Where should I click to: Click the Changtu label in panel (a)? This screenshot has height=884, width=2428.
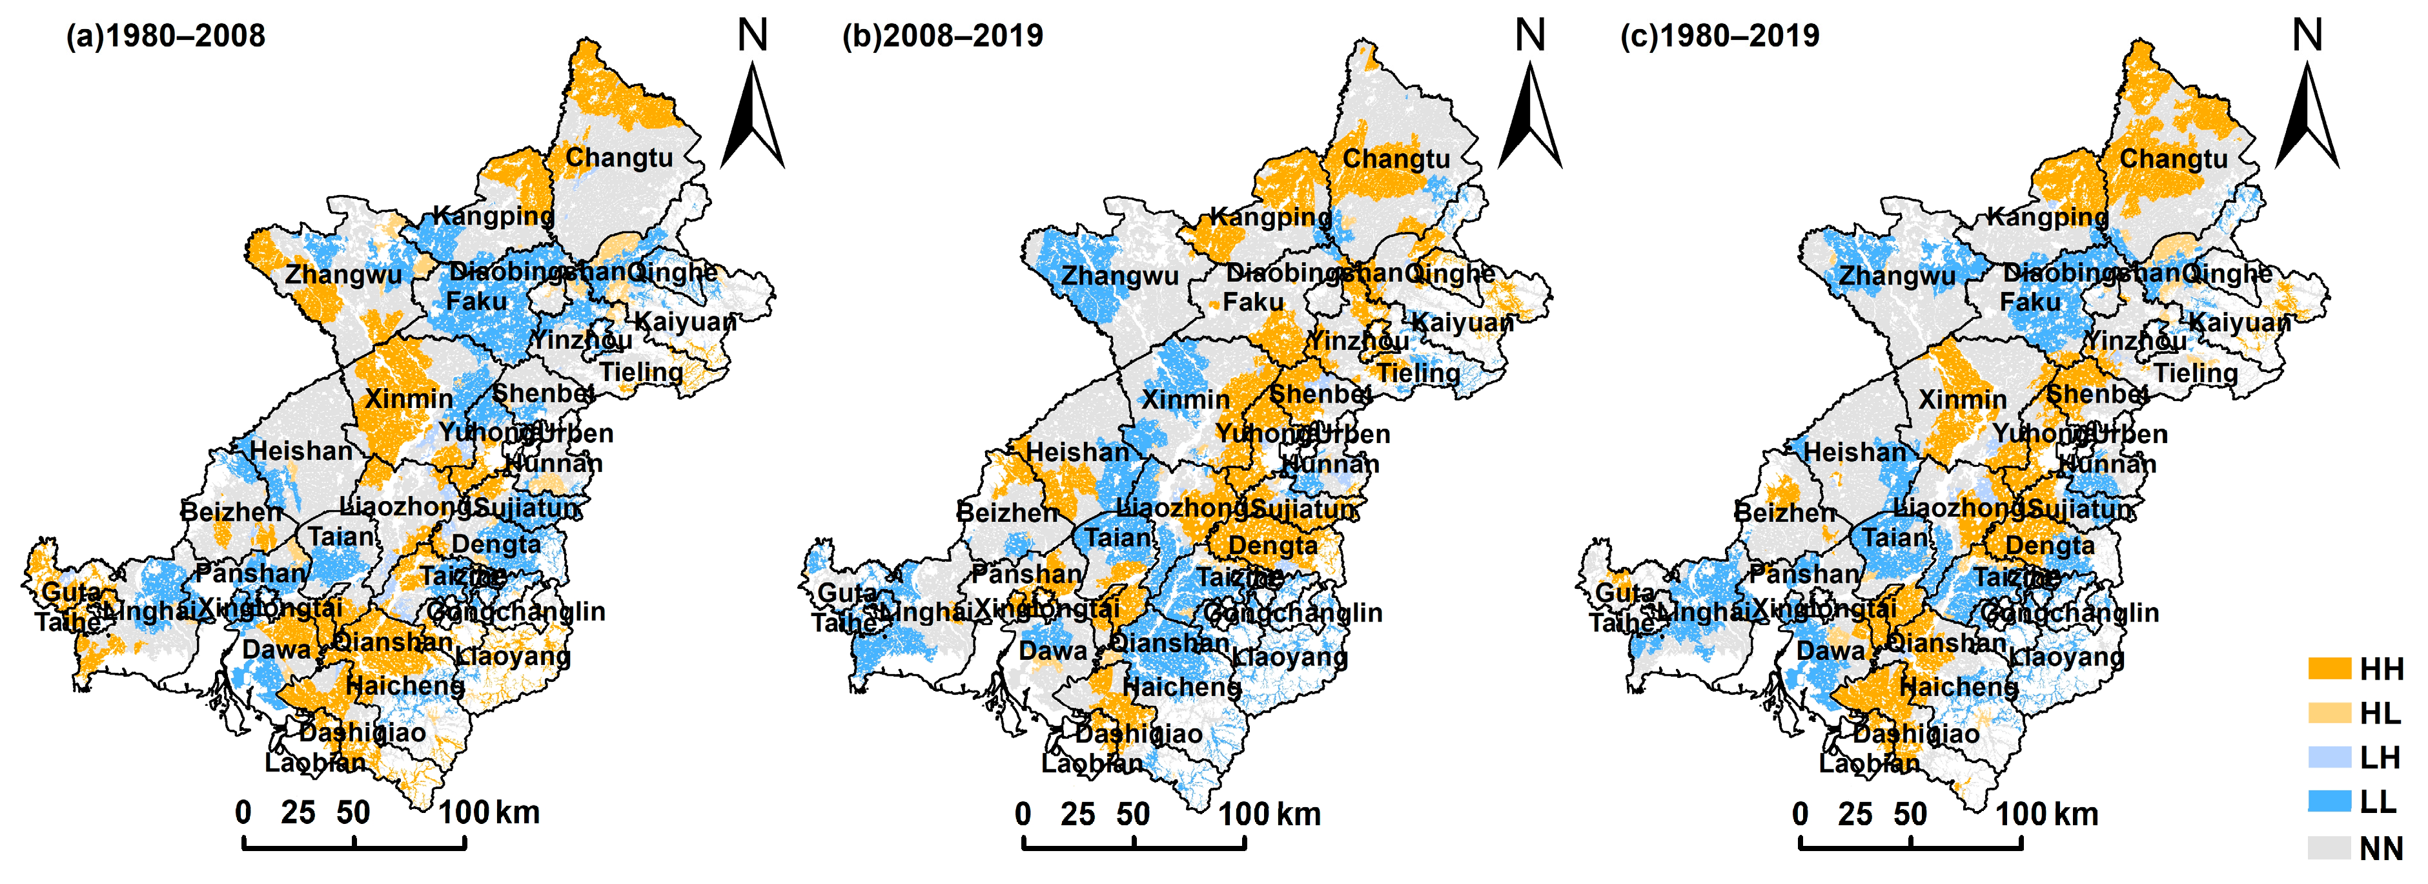[x=619, y=158]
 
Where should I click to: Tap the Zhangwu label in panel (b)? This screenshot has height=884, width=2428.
[x=1119, y=276]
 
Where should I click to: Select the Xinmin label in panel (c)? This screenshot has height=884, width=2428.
[x=1963, y=400]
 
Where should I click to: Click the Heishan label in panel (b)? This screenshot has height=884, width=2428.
[x=1077, y=453]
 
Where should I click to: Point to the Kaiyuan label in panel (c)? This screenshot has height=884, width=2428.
[x=2239, y=322]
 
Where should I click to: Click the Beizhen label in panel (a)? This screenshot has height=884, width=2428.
[x=231, y=512]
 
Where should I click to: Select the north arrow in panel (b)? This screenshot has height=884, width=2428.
[x=1530, y=118]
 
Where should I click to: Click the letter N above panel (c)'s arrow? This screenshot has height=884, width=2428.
[x=2307, y=36]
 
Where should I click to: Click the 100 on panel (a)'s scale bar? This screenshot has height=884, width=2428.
[x=464, y=812]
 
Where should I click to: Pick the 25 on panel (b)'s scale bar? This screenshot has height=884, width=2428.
[x=1077, y=814]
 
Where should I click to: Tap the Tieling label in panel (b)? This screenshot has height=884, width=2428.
[x=1418, y=373]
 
